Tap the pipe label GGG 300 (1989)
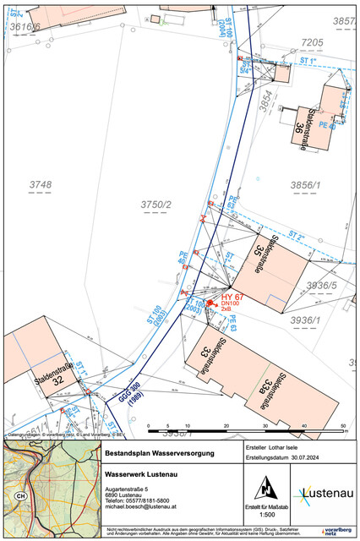(x=117, y=393)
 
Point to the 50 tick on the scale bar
(x=342, y=425)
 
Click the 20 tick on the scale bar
(x=226, y=425)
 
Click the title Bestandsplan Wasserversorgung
(x=159, y=454)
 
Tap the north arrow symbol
(x=266, y=488)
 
